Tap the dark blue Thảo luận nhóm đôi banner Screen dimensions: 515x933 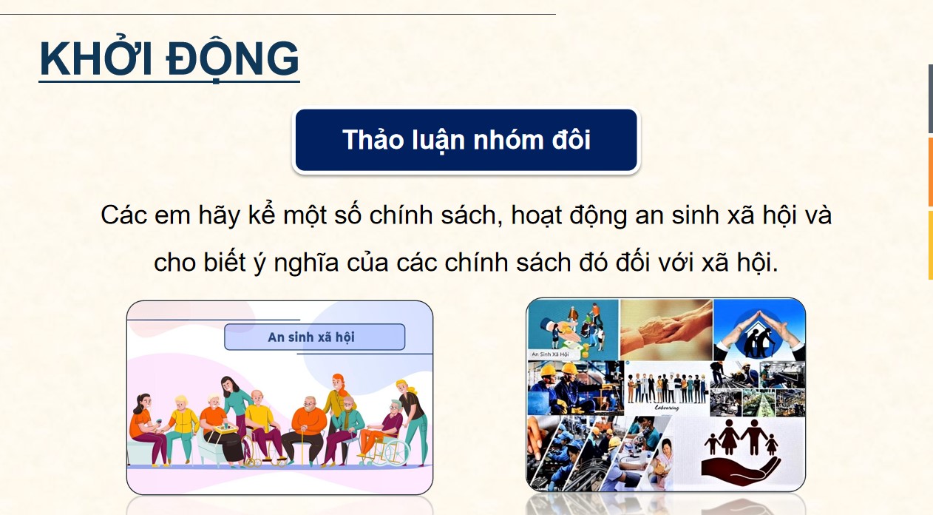466,141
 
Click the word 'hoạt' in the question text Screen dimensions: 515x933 531,216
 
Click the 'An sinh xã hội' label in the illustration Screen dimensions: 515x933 313,337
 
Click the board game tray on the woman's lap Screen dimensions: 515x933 223,427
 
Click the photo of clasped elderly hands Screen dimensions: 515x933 665,328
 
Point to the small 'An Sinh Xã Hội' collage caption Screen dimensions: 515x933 550,354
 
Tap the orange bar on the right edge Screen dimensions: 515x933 930,172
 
